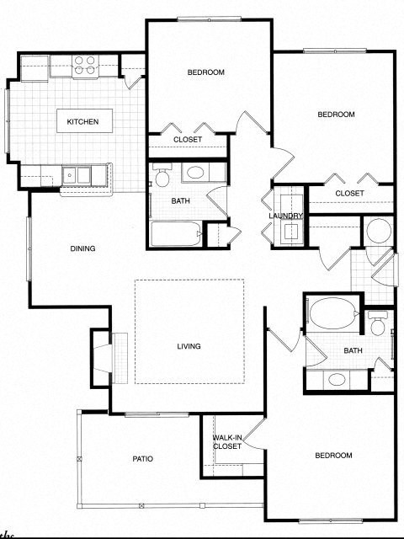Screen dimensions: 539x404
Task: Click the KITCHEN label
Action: pos(82,122)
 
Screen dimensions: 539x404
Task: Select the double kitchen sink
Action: pos(81,175)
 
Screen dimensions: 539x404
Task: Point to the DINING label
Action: pos(82,248)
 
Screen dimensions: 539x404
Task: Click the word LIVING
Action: pos(189,346)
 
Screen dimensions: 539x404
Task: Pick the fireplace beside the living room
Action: pos(102,358)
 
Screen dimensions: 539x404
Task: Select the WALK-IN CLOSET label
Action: pos(227,442)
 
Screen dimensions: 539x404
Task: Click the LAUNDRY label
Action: pos(285,216)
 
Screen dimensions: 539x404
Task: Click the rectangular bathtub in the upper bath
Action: pos(177,233)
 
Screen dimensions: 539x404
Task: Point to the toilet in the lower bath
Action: pos(378,322)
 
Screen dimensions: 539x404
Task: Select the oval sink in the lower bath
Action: pos(337,379)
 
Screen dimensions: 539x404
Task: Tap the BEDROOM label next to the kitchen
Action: pos(206,72)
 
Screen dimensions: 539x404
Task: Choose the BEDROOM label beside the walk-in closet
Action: pos(333,456)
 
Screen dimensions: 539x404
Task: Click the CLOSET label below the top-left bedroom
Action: pos(188,140)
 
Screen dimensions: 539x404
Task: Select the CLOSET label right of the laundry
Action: pos(349,194)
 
